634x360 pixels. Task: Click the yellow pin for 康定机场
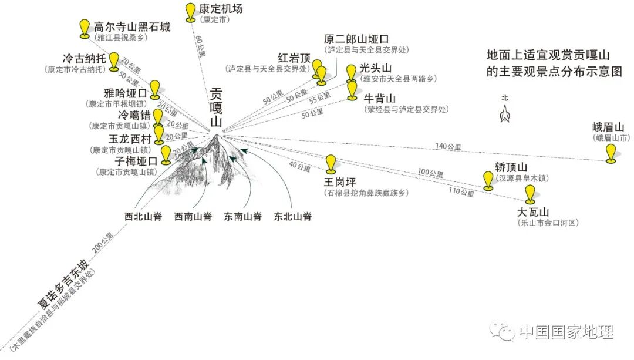(x=190, y=12)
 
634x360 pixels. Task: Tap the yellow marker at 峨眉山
(x=611, y=152)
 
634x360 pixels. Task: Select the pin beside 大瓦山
(x=530, y=193)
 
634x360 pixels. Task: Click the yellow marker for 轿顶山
(x=488, y=180)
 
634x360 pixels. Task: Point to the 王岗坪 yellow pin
(x=331, y=163)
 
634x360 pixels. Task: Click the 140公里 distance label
(x=448, y=146)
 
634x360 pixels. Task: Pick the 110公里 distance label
(x=461, y=192)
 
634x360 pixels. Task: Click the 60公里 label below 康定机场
(x=201, y=46)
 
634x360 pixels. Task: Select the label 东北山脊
(x=292, y=217)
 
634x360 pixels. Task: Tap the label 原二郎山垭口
(x=356, y=39)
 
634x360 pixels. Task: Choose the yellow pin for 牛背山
(x=352, y=90)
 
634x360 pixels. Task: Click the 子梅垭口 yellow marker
(x=166, y=154)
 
